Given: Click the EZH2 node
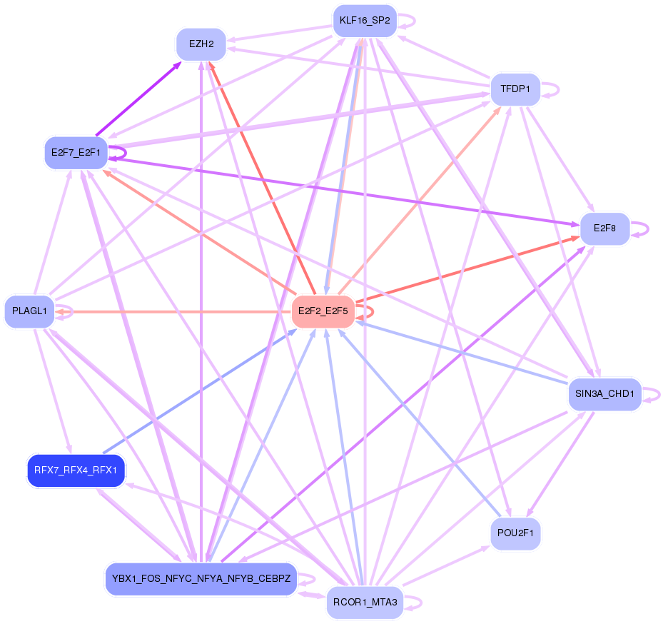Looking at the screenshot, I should (x=201, y=44).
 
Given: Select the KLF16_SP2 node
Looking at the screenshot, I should (x=365, y=21).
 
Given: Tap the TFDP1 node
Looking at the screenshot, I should (x=515, y=89).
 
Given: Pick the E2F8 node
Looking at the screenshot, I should (x=604, y=228).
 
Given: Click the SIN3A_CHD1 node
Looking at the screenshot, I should (x=604, y=393).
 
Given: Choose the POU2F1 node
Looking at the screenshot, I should (x=515, y=533).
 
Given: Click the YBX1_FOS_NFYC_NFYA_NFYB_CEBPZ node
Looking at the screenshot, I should (x=201, y=578).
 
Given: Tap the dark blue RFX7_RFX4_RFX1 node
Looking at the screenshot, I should (x=76, y=470).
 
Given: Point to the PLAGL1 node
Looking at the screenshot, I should (x=29, y=311).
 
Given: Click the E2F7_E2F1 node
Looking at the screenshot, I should (x=75, y=151).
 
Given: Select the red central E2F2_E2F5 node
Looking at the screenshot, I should (x=323, y=311).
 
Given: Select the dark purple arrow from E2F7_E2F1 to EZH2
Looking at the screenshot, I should (x=138, y=98).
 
